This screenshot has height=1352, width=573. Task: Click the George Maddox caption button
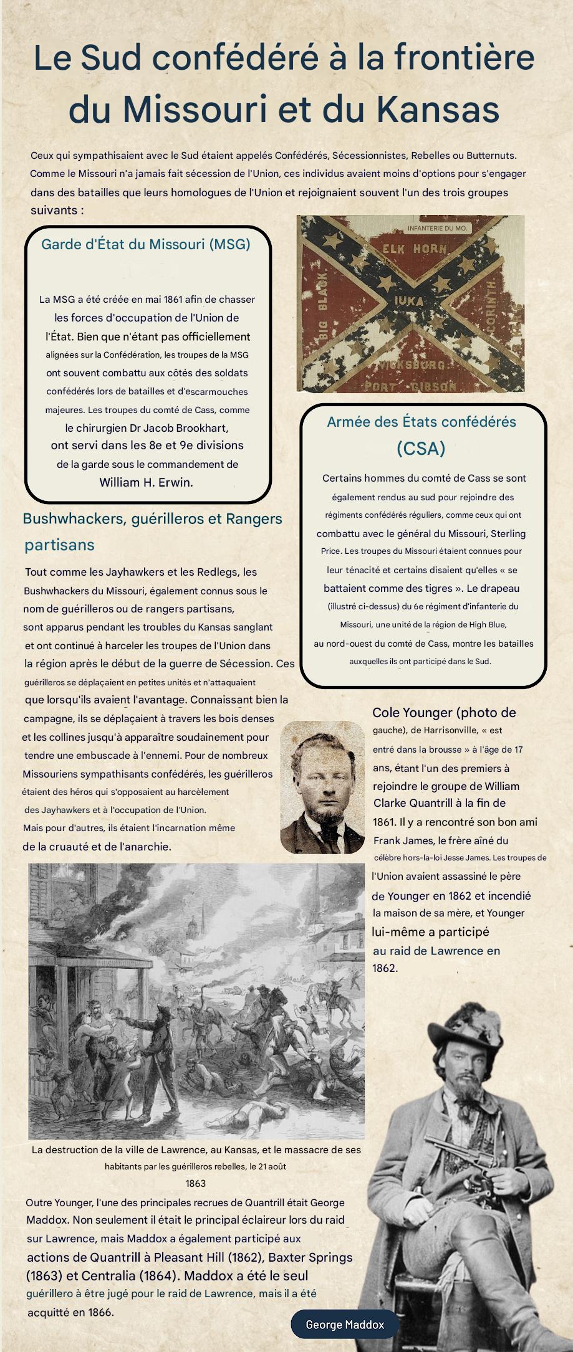[345, 1325]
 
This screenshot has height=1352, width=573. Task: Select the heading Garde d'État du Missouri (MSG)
[146, 244]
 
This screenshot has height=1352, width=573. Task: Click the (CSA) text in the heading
[421, 449]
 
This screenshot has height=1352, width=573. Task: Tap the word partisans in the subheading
[60, 545]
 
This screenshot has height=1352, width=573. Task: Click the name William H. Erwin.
[146, 482]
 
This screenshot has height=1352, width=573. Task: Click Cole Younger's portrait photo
[322, 787]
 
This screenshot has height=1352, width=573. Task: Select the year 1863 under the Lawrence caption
[195, 1183]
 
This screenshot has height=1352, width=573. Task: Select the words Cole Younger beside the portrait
[413, 713]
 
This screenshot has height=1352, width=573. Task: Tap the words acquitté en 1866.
[70, 1312]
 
